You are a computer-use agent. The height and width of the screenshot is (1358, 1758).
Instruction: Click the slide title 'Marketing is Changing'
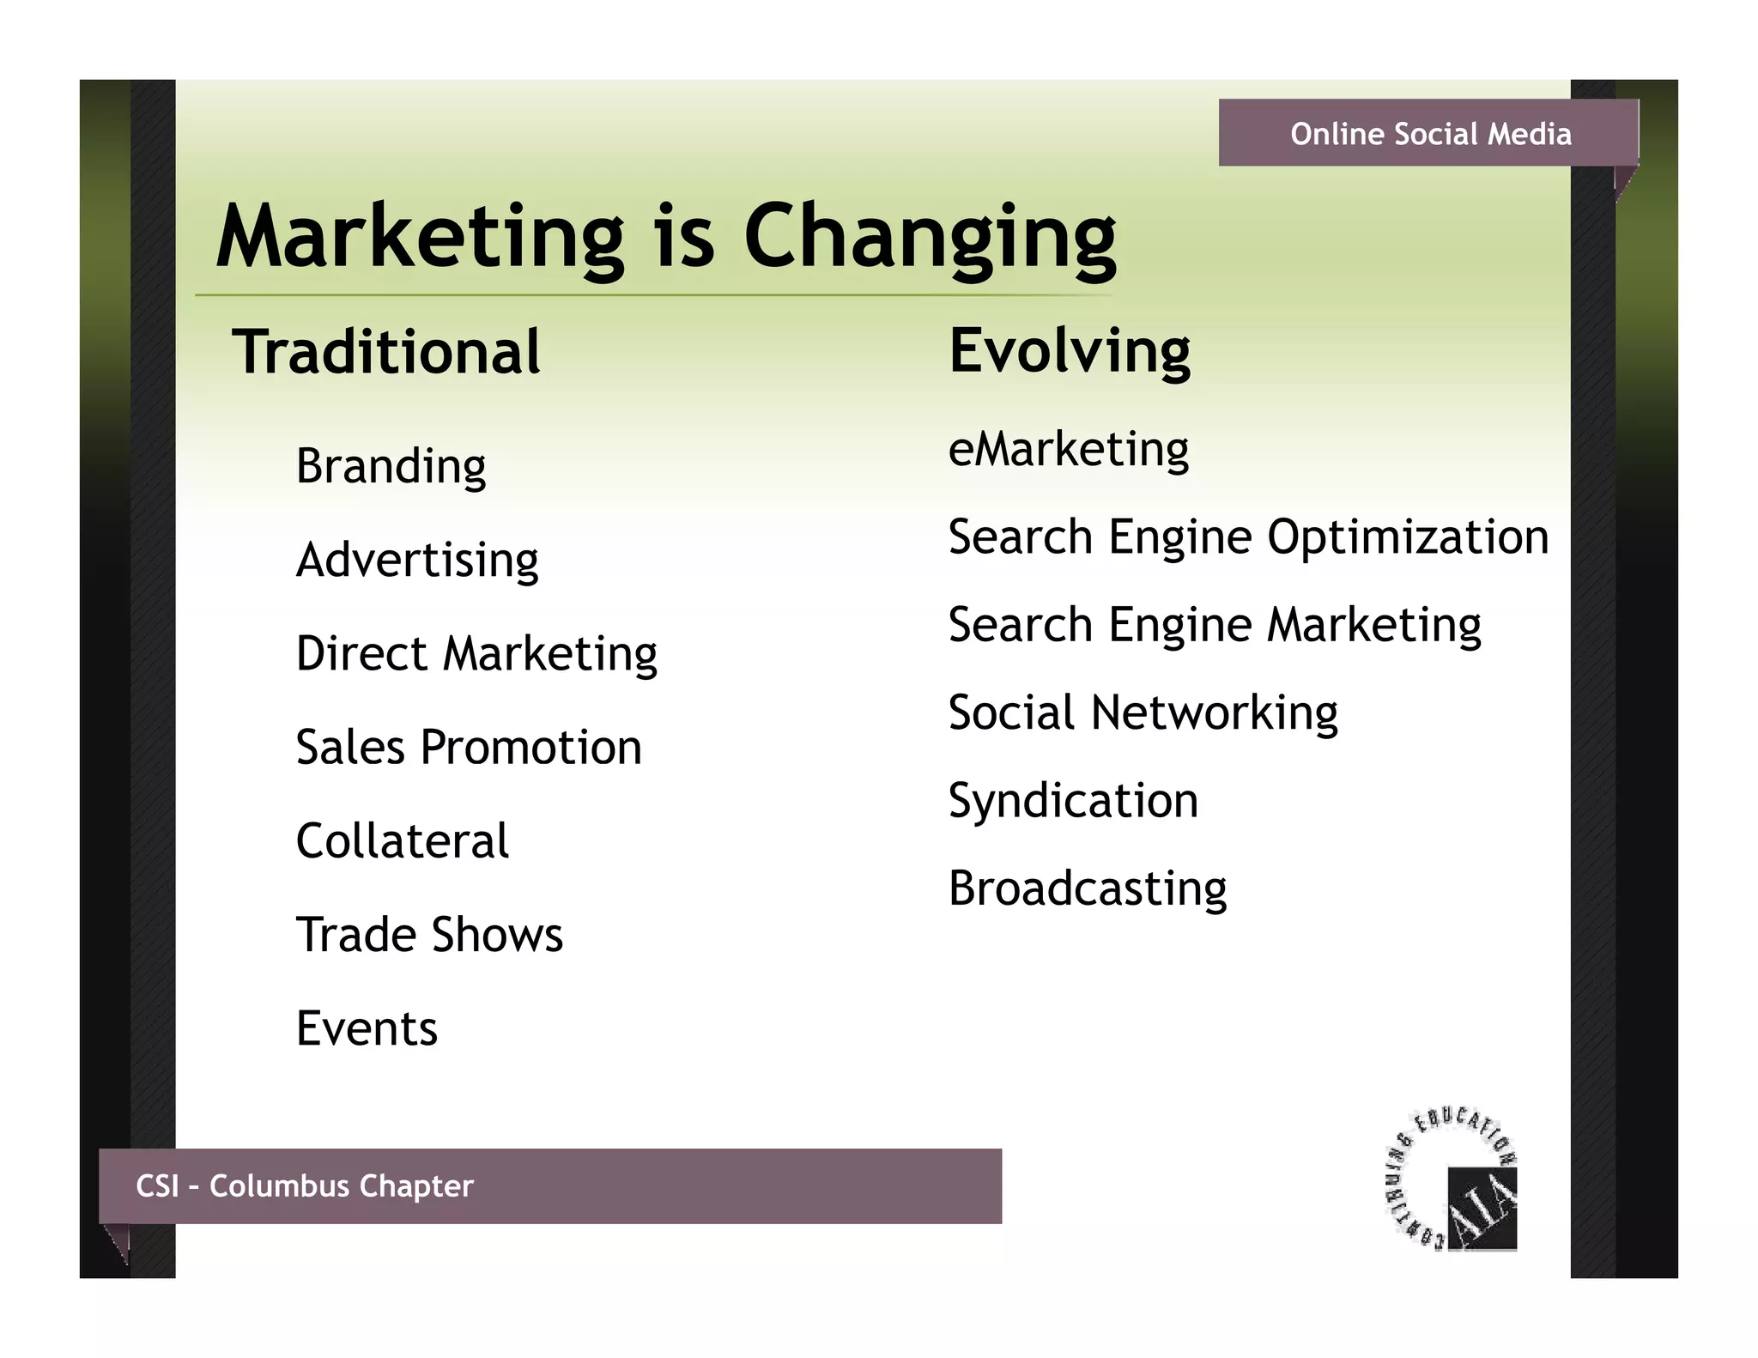[665, 237]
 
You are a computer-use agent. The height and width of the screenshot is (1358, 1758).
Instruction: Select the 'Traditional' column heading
[386, 352]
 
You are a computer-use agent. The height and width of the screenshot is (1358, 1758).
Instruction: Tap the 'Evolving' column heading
[1070, 351]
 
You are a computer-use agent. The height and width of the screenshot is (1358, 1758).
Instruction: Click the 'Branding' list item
[391, 466]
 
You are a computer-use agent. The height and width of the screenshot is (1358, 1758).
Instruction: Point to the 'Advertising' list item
[417, 560]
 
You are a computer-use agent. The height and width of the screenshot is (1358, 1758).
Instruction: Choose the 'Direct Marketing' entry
[476, 653]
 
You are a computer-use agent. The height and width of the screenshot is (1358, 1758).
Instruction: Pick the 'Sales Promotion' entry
[469, 747]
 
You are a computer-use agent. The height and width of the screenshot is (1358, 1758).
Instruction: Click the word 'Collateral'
[402, 840]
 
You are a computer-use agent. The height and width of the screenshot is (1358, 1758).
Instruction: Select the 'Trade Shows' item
[429, 934]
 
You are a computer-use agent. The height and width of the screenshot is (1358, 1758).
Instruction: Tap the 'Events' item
[367, 1028]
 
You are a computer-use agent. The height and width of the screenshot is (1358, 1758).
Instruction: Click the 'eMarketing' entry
[1069, 449]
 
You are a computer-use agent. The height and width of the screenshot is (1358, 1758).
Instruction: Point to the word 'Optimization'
[1408, 537]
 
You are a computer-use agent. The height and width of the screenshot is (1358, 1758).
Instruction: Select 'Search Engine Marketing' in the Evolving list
[1215, 625]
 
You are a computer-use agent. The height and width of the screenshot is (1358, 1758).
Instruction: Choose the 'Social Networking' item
[1143, 713]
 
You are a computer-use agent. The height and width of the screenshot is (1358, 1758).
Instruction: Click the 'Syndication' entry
[1073, 801]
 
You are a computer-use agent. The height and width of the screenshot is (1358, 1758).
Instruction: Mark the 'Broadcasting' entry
[1088, 888]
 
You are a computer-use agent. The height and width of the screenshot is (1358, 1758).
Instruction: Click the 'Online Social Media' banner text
[1430, 134]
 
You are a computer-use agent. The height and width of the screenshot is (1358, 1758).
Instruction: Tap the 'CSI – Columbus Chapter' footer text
[305, 1185]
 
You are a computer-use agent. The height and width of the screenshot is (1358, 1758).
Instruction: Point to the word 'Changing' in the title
[930, 237]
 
